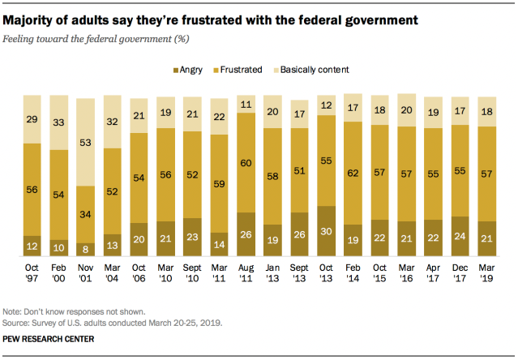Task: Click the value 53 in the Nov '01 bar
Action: [x=87, y=143]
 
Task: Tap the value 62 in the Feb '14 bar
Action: [x=353, y=173]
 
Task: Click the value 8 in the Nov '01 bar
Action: [x=87, y=248]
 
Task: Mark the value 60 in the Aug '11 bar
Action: [x=246, y=161]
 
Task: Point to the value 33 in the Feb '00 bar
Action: [x=60, y=124]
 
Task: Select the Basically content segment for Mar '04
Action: [x=113, y=122]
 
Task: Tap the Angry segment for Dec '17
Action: [x=460, y=237]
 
